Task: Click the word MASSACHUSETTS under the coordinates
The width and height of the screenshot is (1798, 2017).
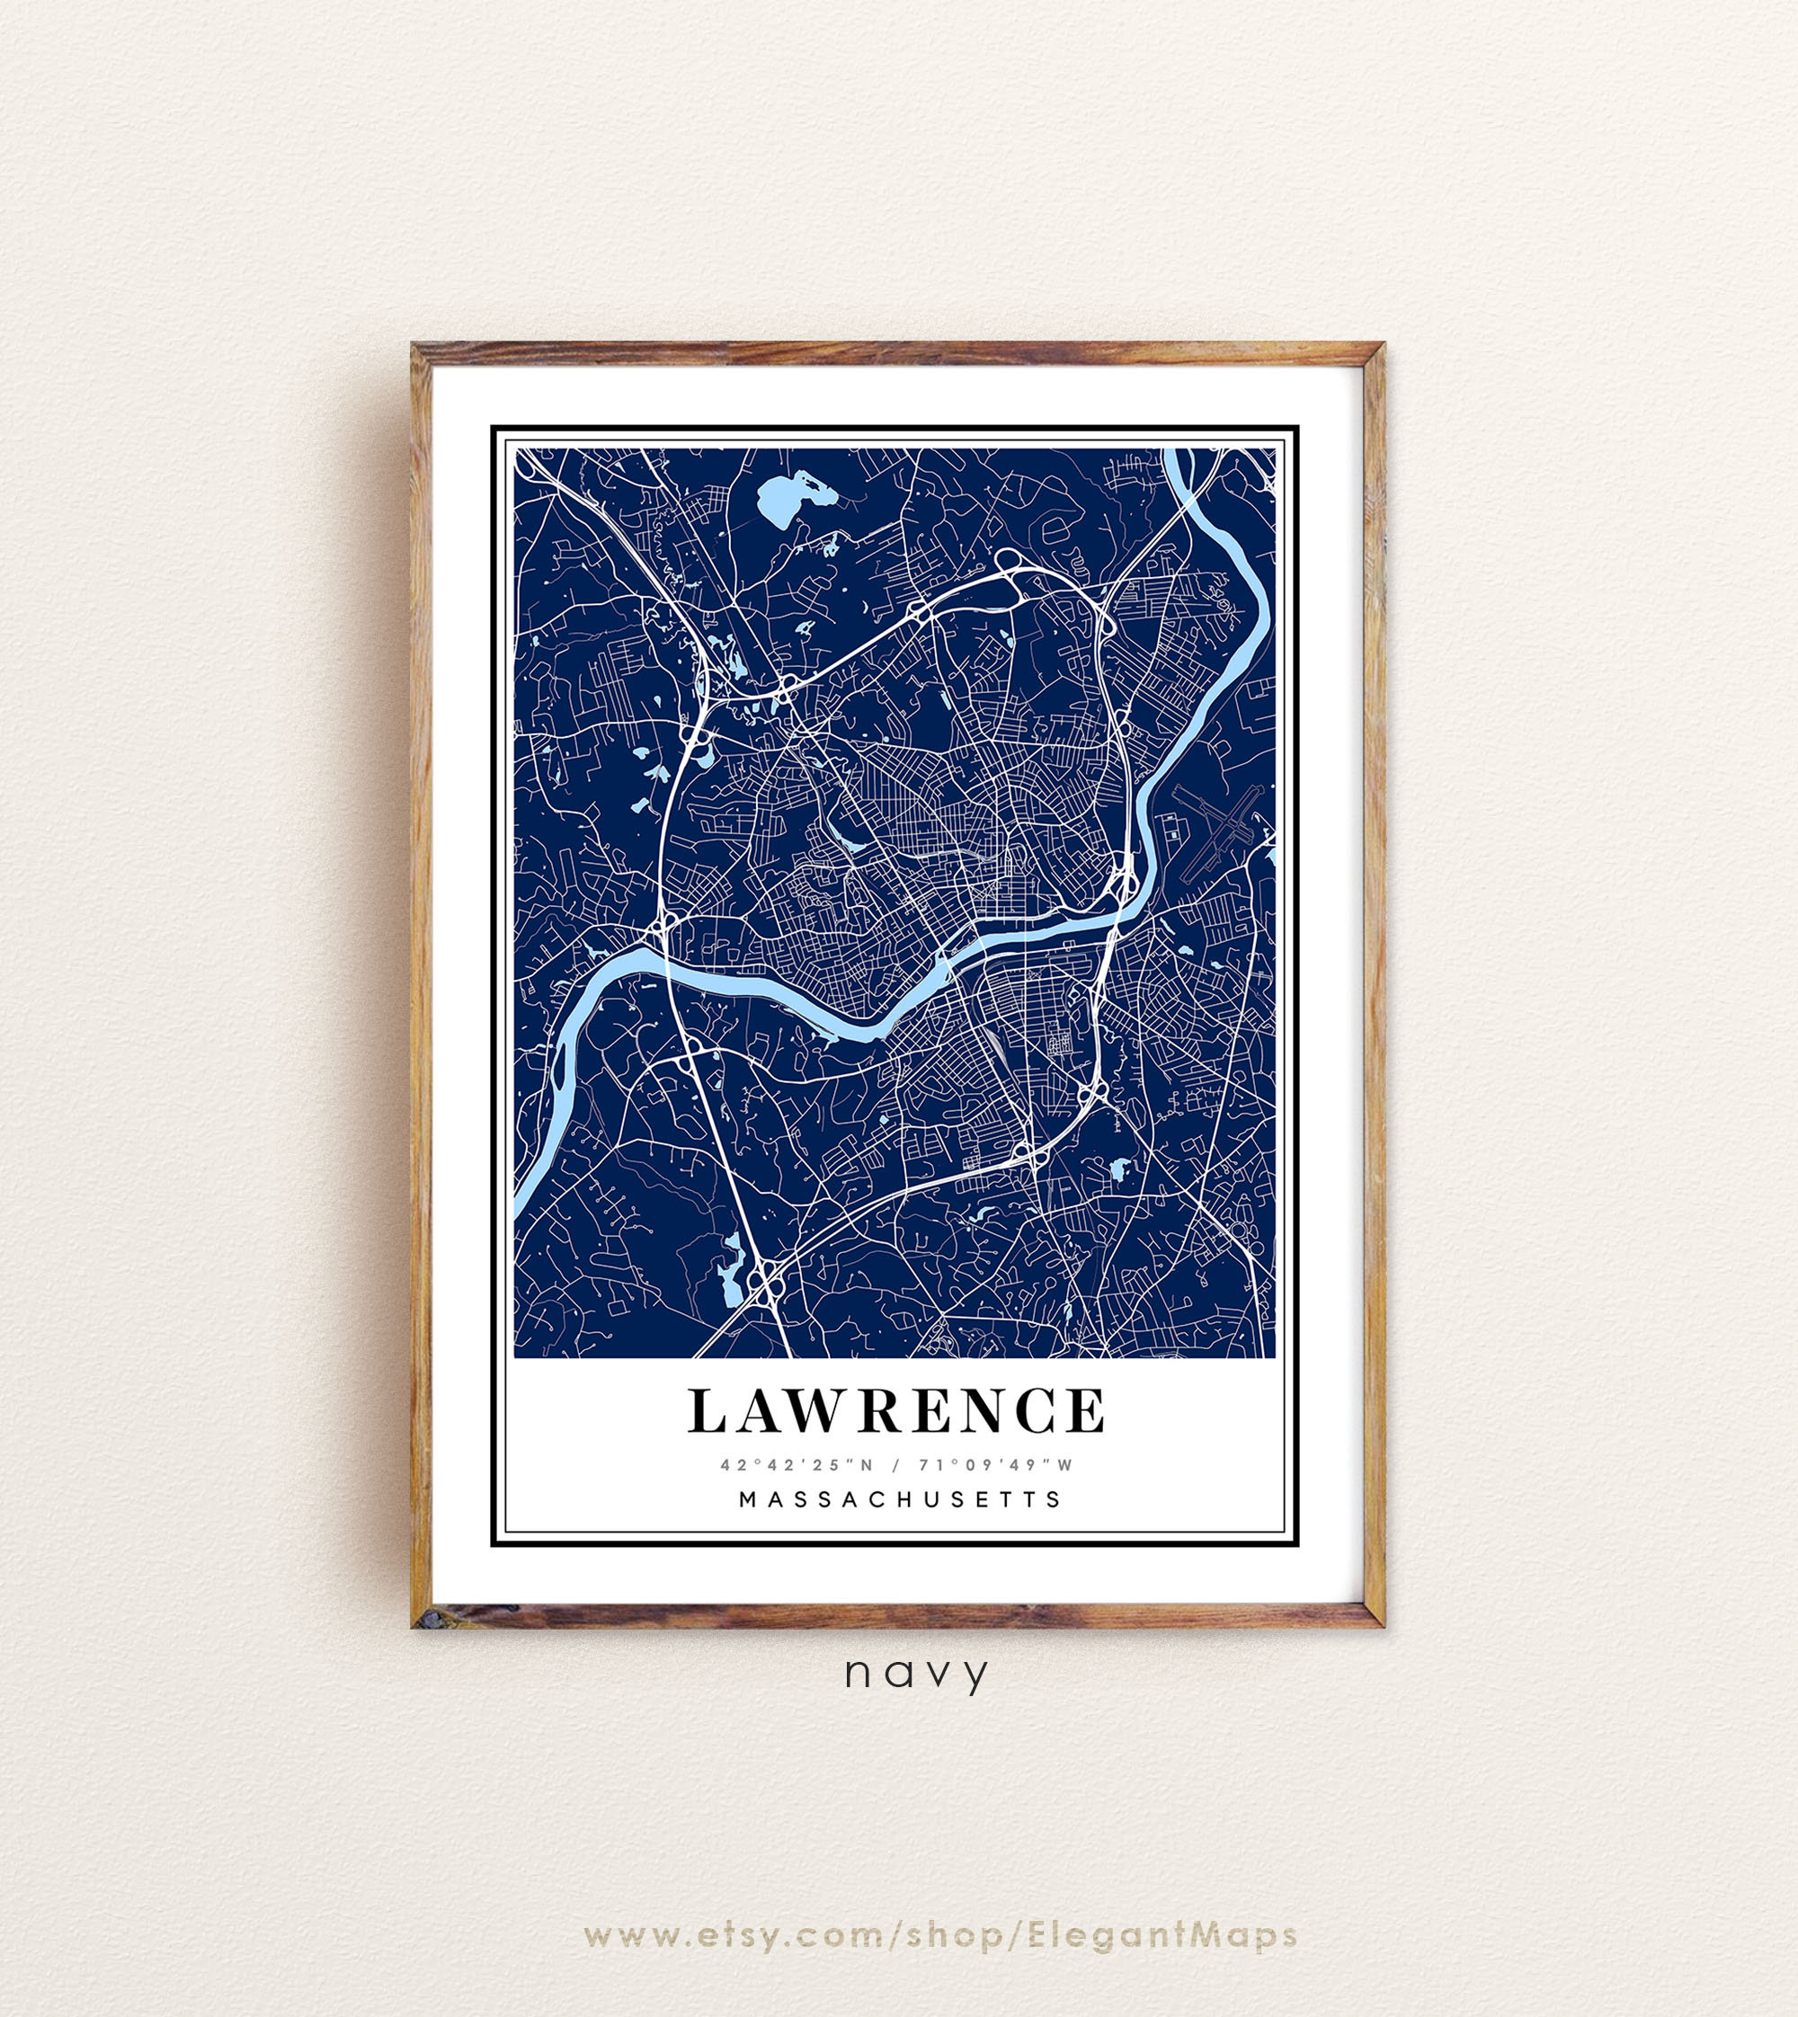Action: (x=900, y=1498)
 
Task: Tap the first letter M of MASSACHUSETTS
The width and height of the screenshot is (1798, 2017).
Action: (x=748, y=1498)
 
